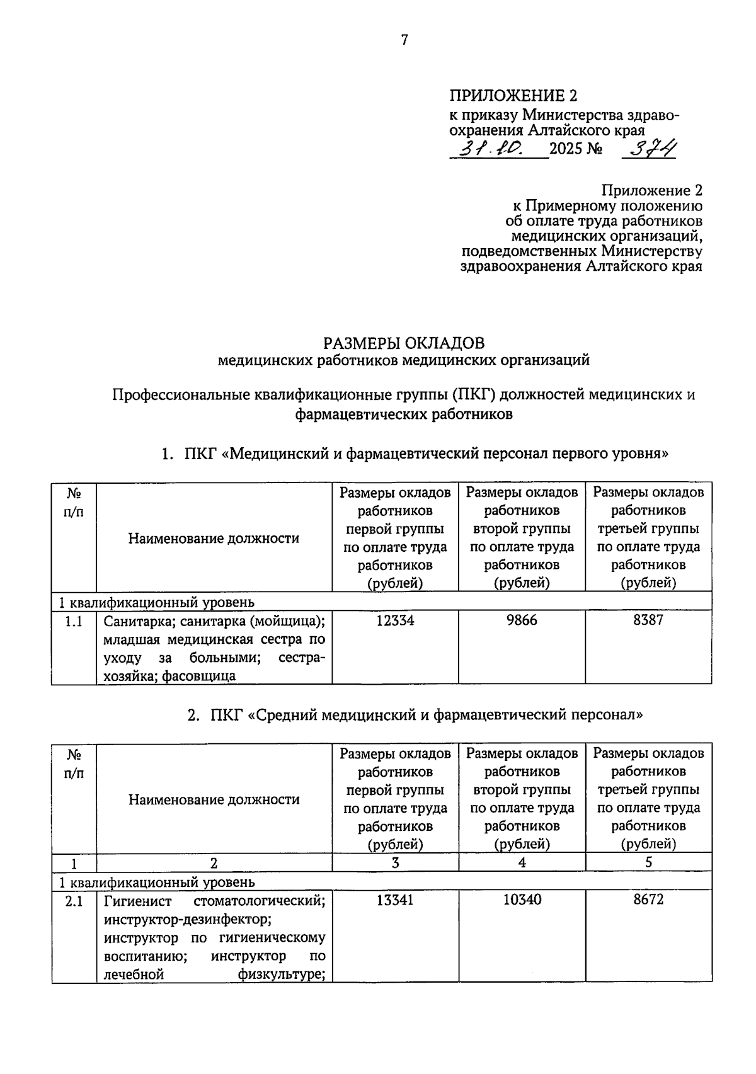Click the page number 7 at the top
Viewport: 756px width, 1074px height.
404,40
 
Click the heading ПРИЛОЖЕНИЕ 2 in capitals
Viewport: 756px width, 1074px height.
513,96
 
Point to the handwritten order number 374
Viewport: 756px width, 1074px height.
649,149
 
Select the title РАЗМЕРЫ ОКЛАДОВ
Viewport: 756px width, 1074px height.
404,343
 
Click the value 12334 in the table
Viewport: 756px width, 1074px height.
395,620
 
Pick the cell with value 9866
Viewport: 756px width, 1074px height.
522,620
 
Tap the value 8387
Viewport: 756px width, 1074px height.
648,620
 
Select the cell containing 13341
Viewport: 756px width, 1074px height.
395,900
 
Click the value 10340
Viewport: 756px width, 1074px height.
522,900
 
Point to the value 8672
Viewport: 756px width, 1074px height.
648,900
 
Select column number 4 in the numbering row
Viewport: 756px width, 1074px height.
522,862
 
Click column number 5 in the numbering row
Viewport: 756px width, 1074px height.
648,862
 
